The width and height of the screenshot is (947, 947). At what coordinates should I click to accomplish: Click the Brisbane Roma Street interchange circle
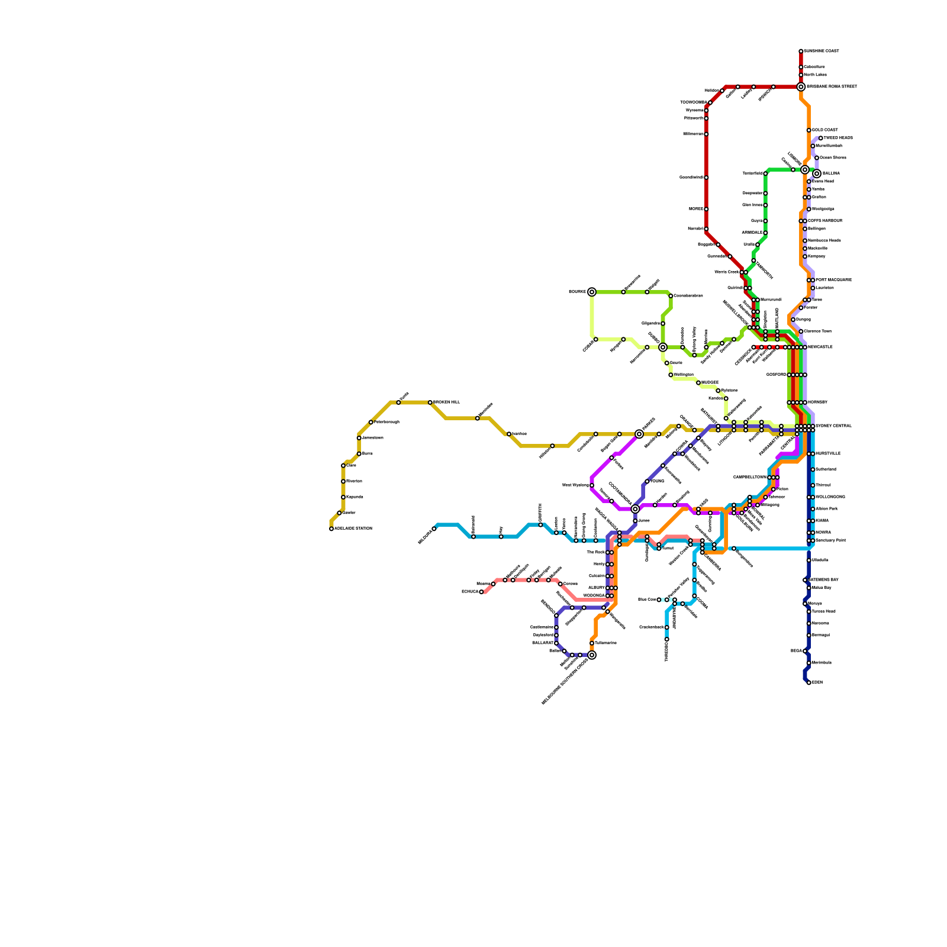tap(801, 87)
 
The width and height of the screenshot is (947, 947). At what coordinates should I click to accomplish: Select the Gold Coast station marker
tap(809, 130)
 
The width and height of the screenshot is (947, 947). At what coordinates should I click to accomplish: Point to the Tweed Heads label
tap(838, 138)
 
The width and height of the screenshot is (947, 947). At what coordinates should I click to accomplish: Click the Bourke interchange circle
tap(592, 292)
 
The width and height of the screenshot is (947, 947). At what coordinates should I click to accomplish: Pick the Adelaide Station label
tap(353, 529)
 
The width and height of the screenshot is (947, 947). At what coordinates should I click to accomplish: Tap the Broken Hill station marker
tap(430, 402)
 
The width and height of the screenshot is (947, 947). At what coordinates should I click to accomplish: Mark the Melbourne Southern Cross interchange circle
tap(592, 655)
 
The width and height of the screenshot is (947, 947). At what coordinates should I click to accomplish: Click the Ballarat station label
tap(542, 643)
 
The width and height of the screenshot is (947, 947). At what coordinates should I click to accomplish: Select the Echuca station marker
tap(481, 592)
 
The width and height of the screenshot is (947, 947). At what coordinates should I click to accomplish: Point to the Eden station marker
tap(809, 682)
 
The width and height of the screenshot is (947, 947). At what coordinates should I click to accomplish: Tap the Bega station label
tap(796, 651)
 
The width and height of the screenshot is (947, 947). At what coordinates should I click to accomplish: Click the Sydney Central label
tap(833, 426)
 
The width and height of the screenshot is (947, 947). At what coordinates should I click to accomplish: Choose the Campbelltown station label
tap(749, 477)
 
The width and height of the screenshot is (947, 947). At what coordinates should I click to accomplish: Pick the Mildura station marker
tap(434, 529)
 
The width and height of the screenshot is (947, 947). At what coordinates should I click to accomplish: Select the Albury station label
tap(596, 588)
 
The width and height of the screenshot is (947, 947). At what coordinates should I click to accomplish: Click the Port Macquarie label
tap(833, 280)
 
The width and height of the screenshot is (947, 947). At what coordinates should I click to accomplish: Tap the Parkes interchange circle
tap(639, 434)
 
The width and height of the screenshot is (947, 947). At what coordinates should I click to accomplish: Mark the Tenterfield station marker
tap(765, 173)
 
